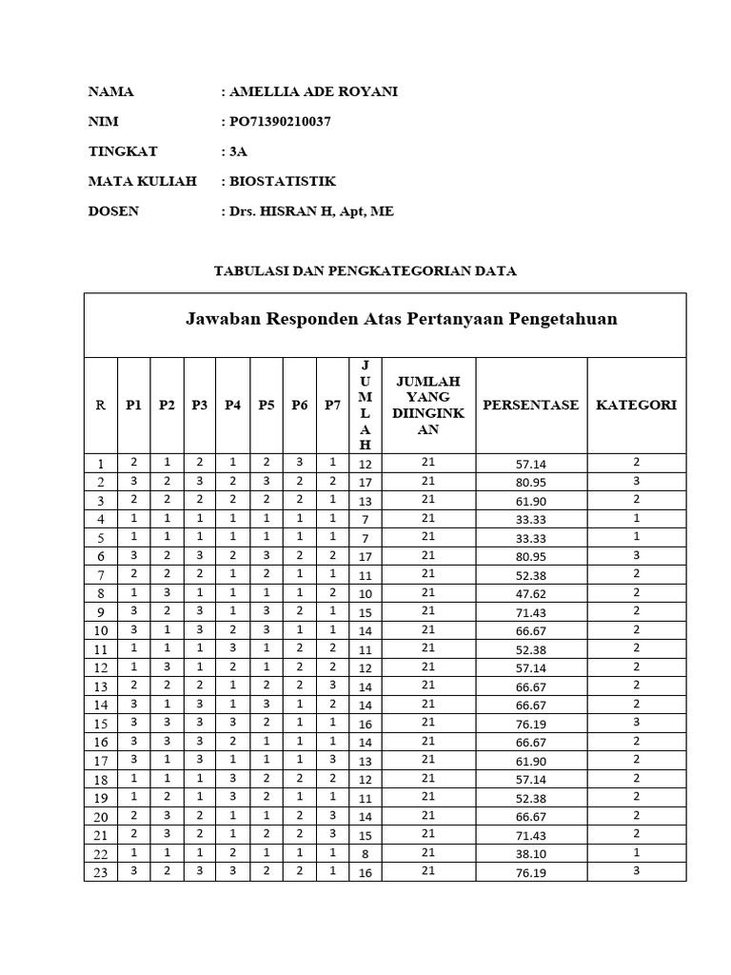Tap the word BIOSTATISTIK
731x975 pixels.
283,181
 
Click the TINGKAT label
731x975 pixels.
123,151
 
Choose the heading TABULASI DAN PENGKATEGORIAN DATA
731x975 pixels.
365,270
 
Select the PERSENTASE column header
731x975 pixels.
531,405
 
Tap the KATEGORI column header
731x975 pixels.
636,405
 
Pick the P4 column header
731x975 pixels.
232,405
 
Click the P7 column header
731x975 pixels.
332,405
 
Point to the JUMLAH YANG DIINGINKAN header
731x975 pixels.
428,405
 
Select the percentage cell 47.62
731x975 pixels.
531,593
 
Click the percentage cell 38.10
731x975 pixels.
531,854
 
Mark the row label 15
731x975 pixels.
100,724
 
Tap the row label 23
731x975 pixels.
100,872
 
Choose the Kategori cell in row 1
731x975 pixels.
636,463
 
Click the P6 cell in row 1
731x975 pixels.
299,463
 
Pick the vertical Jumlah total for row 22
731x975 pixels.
365,854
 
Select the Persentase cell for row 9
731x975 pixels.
531,611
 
